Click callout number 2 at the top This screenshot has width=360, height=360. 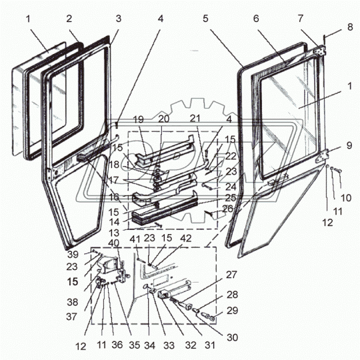coord(69,19)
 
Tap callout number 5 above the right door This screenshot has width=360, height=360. coord(205,19)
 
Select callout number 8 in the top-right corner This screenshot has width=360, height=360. coord(350,27)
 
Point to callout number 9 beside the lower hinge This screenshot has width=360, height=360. coord(349,145)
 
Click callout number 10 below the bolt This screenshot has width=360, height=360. coord(346,198)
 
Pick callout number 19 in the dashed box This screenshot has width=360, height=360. coord(139,119)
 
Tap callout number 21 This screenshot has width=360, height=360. coord(195,119)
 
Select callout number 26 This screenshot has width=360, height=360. coord(228,209)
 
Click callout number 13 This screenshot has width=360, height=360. coord(114,233)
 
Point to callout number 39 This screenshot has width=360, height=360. coord(73,255)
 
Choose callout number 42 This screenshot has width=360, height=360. coord(186,238)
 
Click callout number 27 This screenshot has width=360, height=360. coord(231,275)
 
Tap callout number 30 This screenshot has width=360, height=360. coord(232,337)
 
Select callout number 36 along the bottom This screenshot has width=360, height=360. coord(117,345)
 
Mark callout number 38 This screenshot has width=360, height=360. coord(72,302)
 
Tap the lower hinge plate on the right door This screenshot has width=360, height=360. coord(323,156)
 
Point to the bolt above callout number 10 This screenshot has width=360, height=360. coord(337,170)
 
